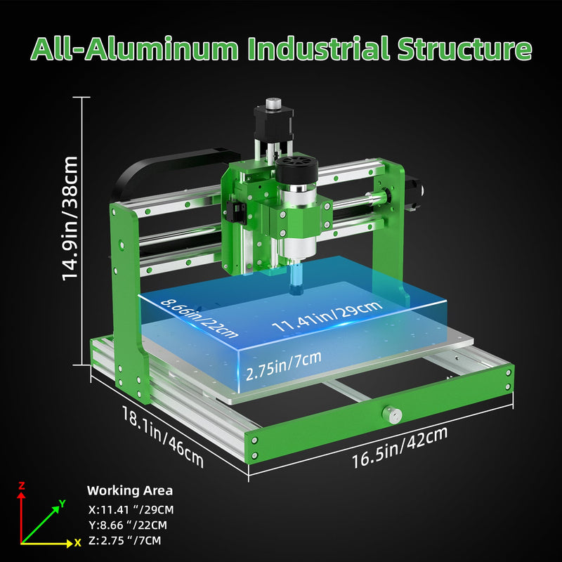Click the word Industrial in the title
[318, 48]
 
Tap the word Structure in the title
[464, 48]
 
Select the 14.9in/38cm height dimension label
[70, 218]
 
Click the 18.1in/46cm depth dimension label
[163, 436]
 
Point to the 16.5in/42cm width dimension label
[400, 447]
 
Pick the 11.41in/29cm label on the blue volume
[327, 316]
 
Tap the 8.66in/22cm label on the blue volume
[199, 318]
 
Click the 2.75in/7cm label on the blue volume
[283, 365]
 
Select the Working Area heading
[130, 490]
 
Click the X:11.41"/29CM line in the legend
[131, 510]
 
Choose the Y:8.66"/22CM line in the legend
[128, 525]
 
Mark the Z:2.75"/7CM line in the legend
[125, 540]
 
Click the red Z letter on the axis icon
[22, 485]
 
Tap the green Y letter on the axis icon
[63, 503]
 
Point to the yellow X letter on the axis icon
[77, 543]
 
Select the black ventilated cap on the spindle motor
[296, 170]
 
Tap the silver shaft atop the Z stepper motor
[273, 102]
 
